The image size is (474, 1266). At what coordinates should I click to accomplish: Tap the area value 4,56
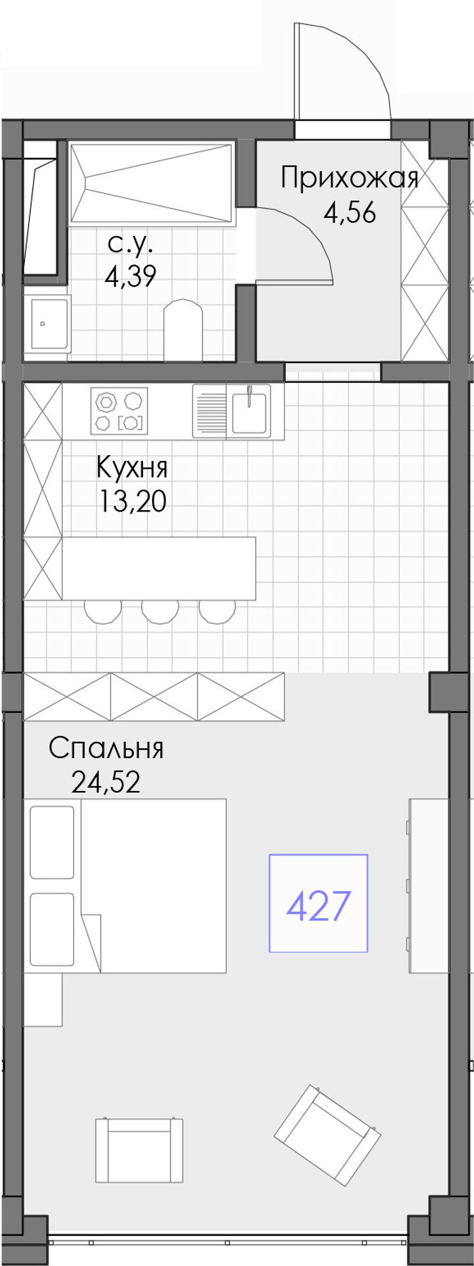tap(349, 212)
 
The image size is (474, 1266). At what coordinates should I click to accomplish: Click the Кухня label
tap(132, 467)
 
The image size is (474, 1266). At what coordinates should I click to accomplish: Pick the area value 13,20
tap(132, 501)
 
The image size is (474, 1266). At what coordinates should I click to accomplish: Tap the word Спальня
tap(106, 747)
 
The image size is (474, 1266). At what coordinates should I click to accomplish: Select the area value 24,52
tap(106, 781)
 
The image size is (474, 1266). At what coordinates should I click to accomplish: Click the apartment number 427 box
tap(318, 903)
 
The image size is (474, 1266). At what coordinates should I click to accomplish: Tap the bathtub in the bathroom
tap(151, 183)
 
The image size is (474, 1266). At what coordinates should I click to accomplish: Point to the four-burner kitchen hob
tap(119, 411)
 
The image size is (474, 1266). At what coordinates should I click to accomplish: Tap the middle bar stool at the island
tap(160, 611)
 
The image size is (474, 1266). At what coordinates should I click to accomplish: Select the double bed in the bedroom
tap(125, 886)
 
